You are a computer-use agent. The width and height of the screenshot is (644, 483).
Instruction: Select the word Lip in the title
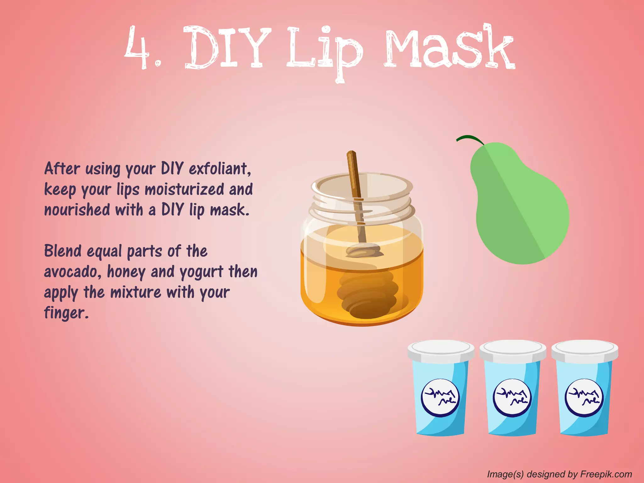click(x=324, y=50)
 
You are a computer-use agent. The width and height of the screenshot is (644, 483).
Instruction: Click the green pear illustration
click(x=519, y=208)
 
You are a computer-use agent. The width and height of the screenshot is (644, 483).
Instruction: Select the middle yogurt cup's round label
click(x=512, y=398)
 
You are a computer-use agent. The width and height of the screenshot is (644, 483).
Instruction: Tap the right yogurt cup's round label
click(x=584, y=398)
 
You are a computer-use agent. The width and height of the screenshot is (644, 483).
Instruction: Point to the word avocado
click(x=73, y=272)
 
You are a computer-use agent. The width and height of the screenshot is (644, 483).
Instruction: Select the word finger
click(x=66, y=313)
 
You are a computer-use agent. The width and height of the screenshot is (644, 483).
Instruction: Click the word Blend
click(x=63, y=251)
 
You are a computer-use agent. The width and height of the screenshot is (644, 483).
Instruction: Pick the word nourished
click(x=77, y=210)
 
